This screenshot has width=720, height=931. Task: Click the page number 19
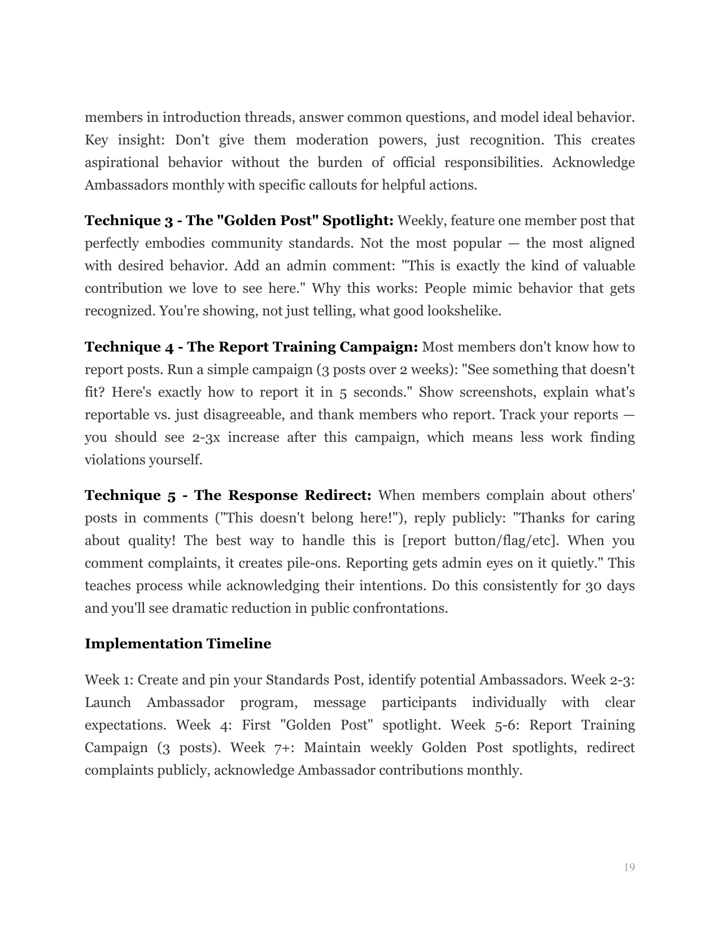pyautogui.click(x=629, y=867)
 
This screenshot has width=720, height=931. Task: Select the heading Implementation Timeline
pyautogui.click(x=177, y=644)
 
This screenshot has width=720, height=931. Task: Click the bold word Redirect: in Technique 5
pyautogui.click(x=338, y=495)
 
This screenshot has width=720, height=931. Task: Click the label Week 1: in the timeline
pyautogui.click(x=109, y=680)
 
